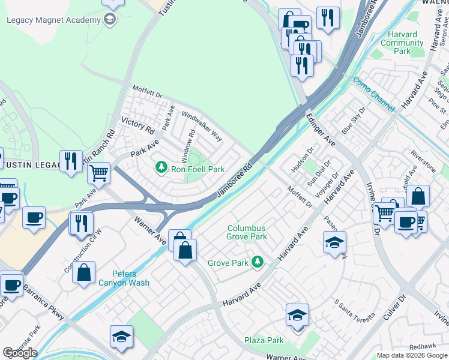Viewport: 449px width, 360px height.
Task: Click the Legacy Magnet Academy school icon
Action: [x=109, y=20]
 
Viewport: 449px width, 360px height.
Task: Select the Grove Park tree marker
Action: [x=258, y=261]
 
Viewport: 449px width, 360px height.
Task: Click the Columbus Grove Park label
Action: [x=247, y=232]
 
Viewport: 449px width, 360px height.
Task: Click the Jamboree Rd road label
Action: [x=234, y=179]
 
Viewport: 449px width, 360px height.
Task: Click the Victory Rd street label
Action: [x=138, y=125]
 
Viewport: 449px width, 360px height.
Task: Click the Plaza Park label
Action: [x=264, y=340]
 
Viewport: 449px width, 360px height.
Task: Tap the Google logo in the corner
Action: [x=20, y=352]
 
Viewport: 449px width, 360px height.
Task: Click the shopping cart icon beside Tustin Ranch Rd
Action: [x=98, y=173]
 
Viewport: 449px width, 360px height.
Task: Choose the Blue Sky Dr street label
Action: [x=353, y=121]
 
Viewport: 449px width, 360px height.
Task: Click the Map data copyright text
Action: [x=412, y=355]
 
